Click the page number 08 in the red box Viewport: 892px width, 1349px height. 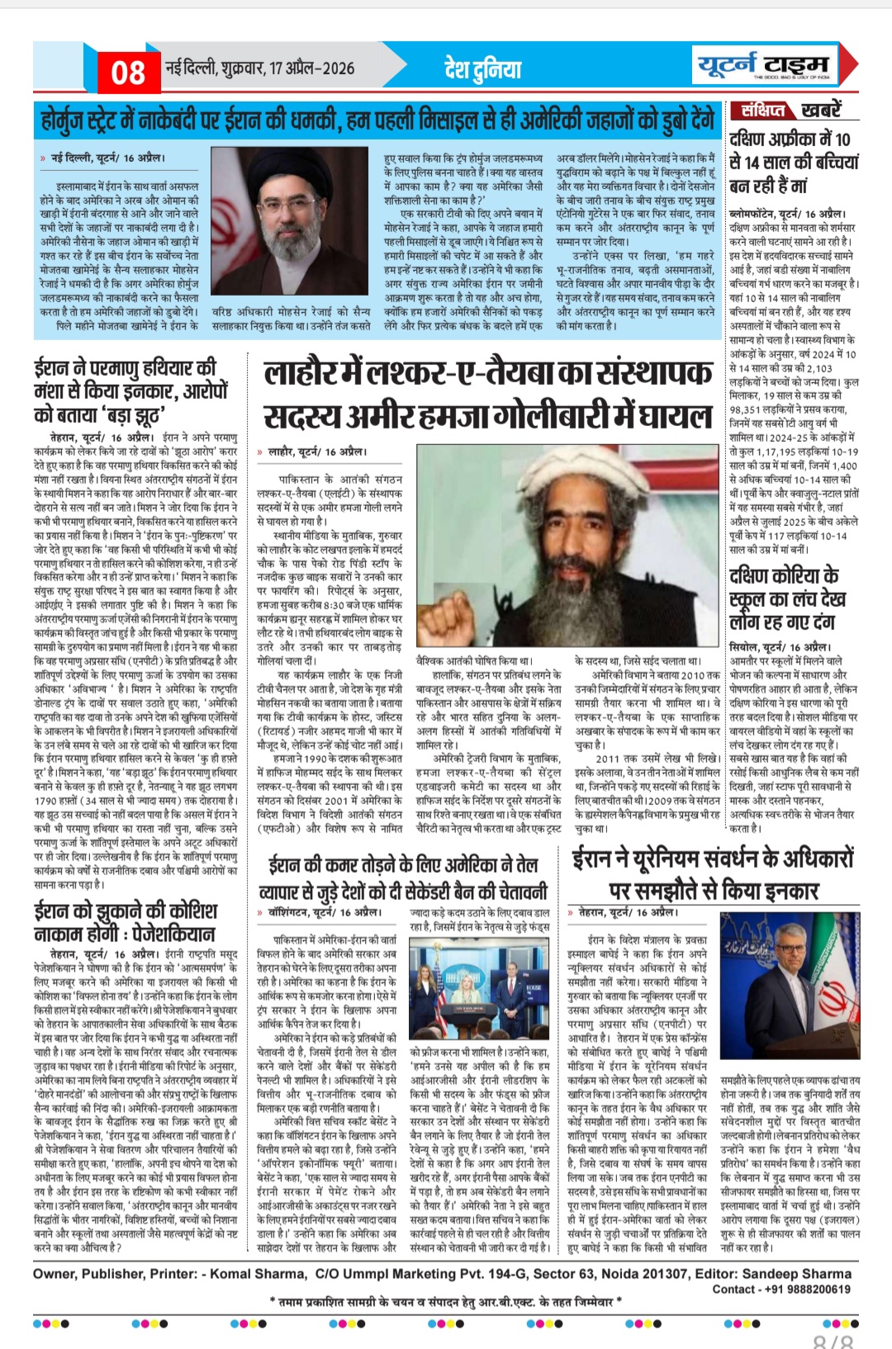pyautogui.click(x=128, y=73)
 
